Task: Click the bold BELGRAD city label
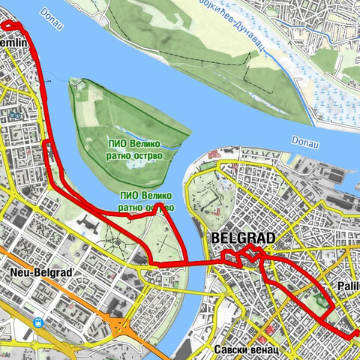[244, 238]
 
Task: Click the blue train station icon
[37, 322]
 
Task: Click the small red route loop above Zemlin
[11, 25]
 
